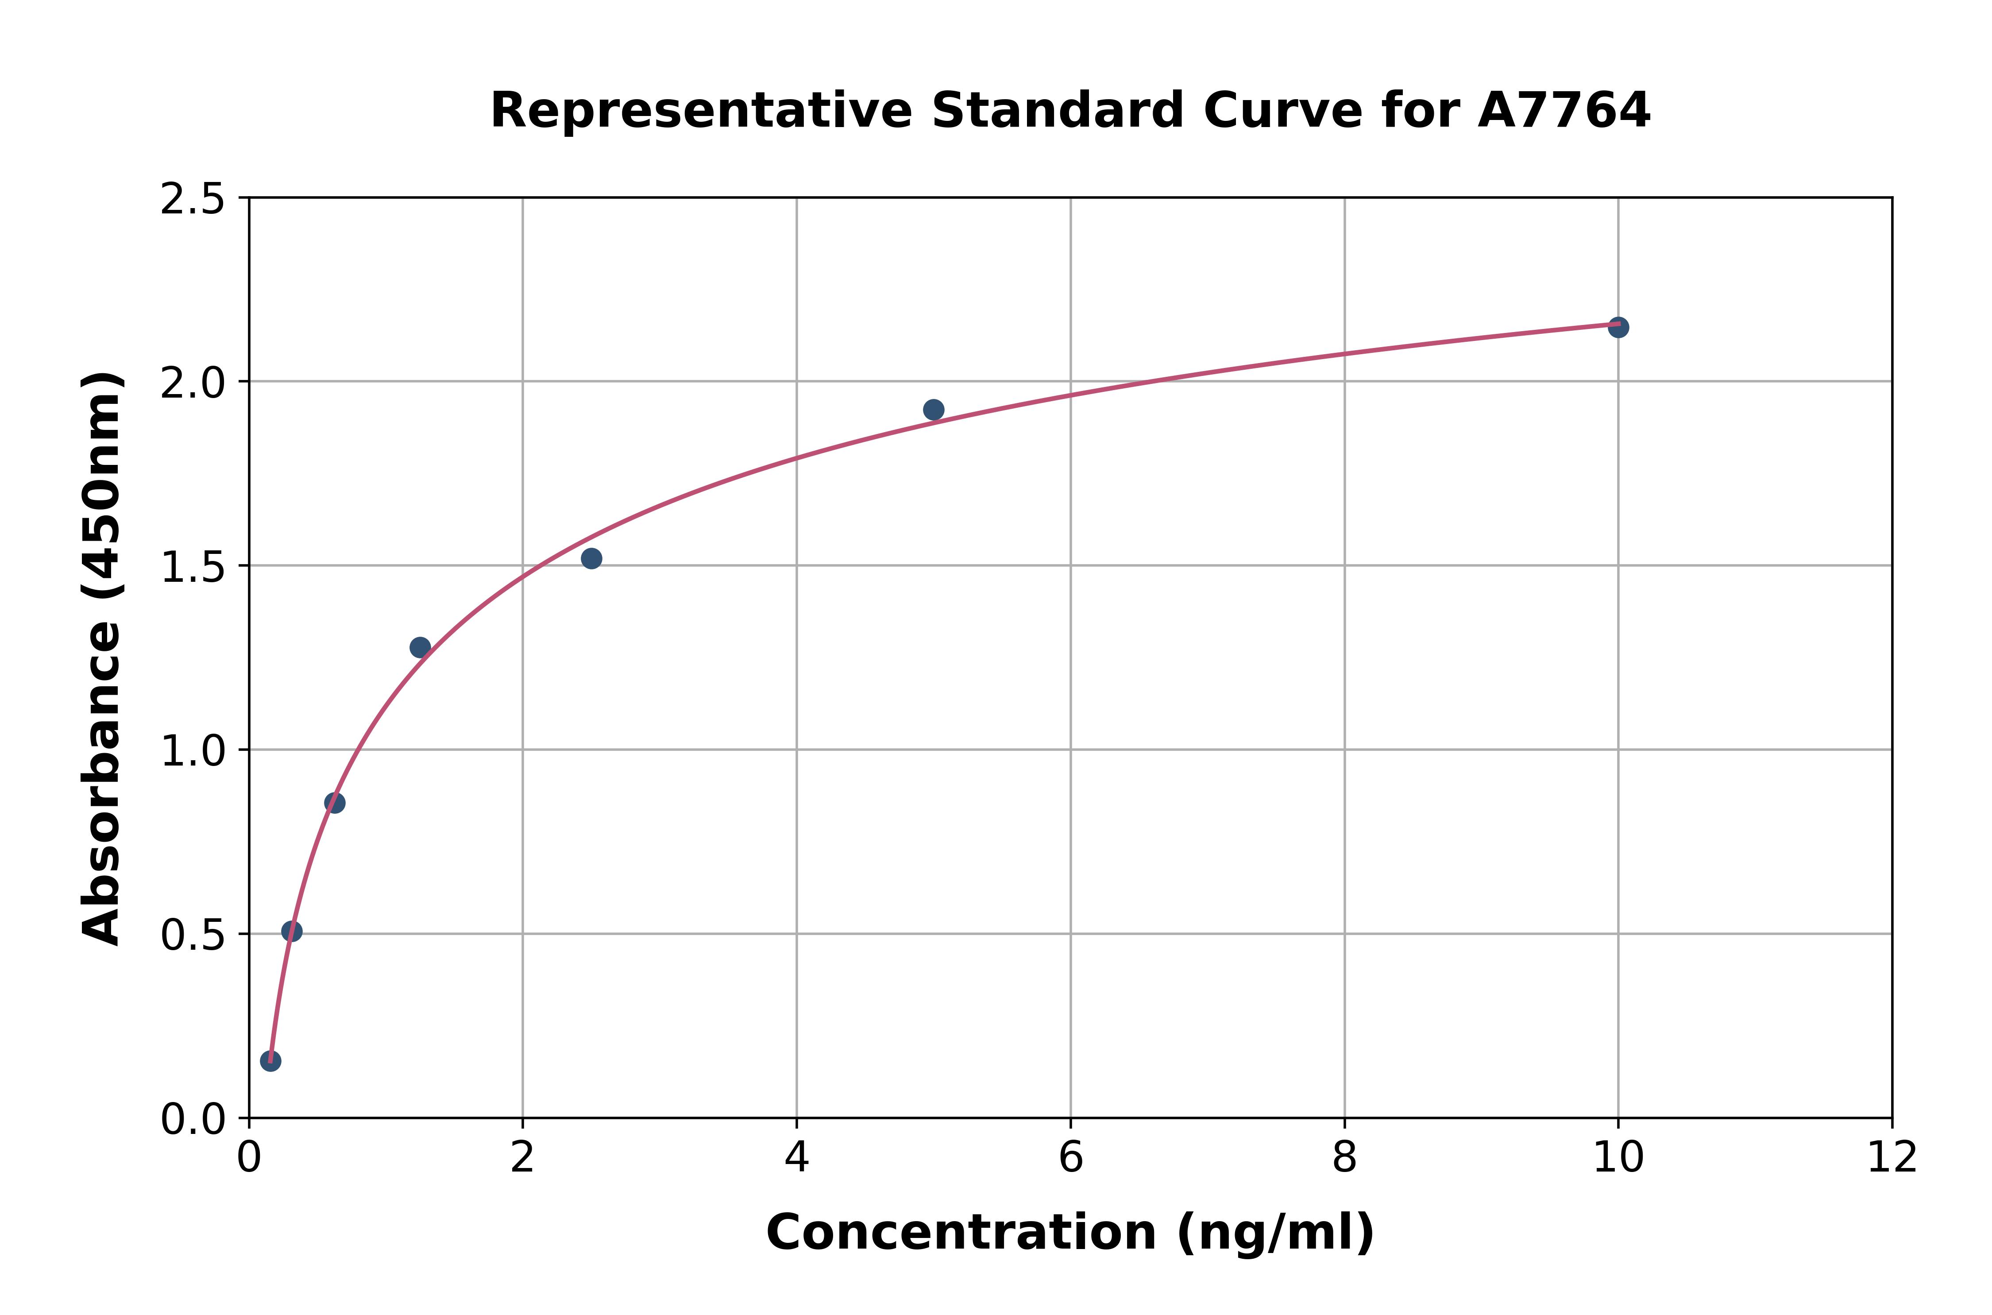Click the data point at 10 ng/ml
tap(1618, 327)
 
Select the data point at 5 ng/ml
tap(933, 410)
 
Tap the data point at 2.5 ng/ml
tap(591, 558)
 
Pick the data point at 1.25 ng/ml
tap(420, 647)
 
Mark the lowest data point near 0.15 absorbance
tap(270, 1061)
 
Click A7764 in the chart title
tap(1563, 111)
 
